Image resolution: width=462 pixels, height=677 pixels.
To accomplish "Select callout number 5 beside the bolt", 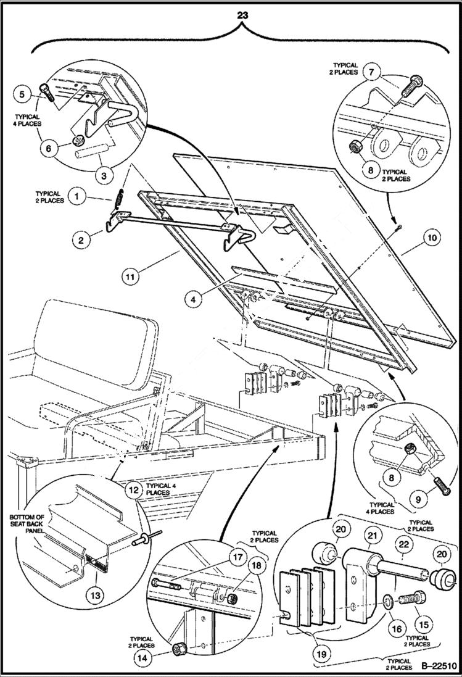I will [22, 95].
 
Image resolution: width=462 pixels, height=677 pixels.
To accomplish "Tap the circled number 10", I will [431, 236].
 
